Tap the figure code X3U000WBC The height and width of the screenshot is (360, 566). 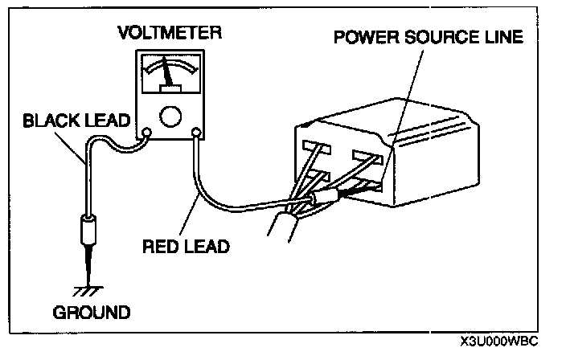click(x=499, y=341)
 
